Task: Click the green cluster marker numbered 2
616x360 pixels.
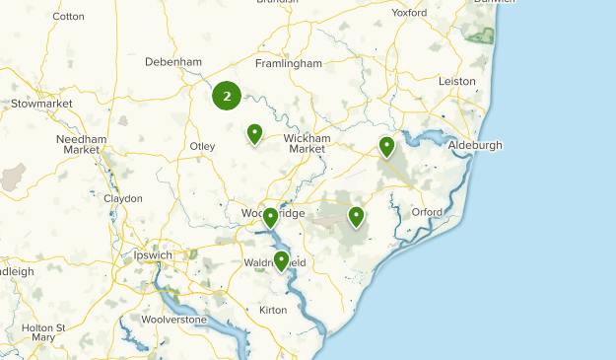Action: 228,96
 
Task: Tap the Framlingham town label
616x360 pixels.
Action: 289,63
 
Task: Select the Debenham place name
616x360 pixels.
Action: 172,61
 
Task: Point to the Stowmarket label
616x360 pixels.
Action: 41,103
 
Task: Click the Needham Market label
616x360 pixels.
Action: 83,144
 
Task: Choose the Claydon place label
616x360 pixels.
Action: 123,198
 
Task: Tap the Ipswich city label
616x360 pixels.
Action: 152,255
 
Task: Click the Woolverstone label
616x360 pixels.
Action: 173,320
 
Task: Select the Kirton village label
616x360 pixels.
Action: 273,310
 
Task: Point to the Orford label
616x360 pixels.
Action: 428,212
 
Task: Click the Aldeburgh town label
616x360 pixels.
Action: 475,145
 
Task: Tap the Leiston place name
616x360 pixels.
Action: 456,81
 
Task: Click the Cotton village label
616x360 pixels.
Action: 68,17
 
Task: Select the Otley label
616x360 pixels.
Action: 201,146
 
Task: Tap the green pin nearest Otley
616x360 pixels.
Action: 254,133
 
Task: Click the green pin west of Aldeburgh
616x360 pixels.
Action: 387,147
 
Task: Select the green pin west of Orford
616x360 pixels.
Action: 356,216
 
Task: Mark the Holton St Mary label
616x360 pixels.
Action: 43,332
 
